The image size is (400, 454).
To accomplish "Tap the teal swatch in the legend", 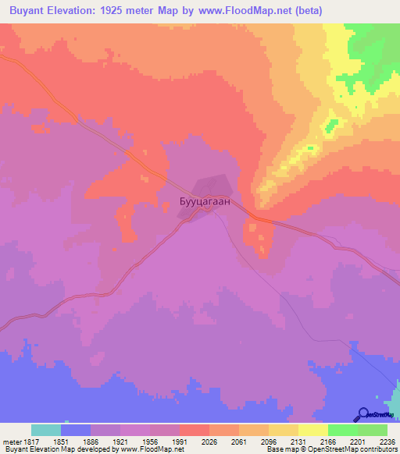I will tap(45, 430).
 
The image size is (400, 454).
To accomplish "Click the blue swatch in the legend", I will tap(75, 430).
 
